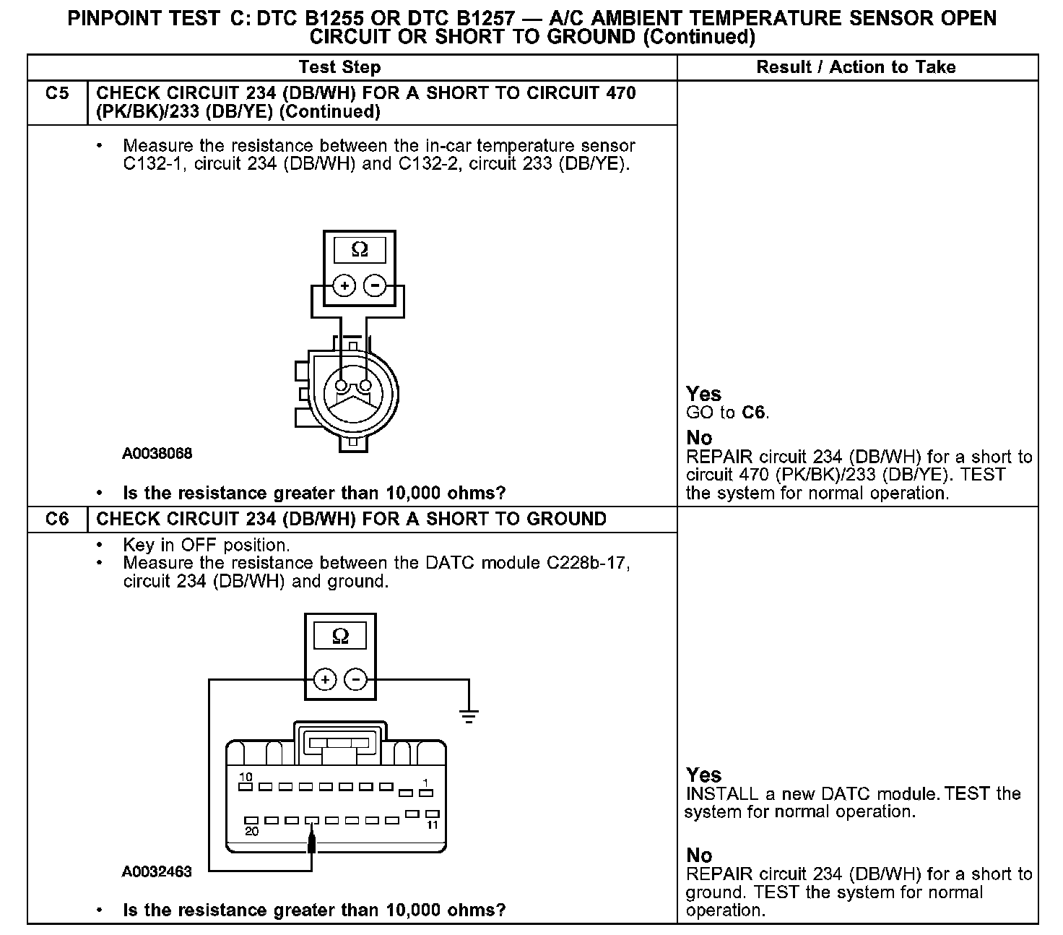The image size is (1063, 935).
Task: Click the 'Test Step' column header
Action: point(339,67)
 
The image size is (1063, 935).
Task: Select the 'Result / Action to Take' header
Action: point(856,67)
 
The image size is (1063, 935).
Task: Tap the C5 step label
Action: point(57,93)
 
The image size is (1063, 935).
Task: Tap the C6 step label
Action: point(57,519)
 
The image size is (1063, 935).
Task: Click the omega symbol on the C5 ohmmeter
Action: point(359,250)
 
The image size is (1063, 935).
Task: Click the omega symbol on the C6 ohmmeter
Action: point(340,637)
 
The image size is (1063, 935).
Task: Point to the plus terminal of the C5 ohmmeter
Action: point(345,286)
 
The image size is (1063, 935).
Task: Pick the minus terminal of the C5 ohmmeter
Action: point(374,286)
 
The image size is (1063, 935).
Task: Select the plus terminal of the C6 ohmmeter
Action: point(326,680)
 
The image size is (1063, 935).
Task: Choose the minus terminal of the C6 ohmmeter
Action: point(355,680)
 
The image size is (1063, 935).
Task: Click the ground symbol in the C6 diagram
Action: point(469,716)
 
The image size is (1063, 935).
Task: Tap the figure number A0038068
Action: point(157,454)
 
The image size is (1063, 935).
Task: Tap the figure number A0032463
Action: point(157,871)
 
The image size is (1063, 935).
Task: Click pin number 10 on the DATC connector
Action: point(246,777)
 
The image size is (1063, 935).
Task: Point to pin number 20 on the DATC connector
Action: point(251,831)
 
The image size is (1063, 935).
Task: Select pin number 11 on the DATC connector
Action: point(433,824)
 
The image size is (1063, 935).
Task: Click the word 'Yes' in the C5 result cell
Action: point(703,394)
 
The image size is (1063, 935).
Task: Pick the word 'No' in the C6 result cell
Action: point(699,856)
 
